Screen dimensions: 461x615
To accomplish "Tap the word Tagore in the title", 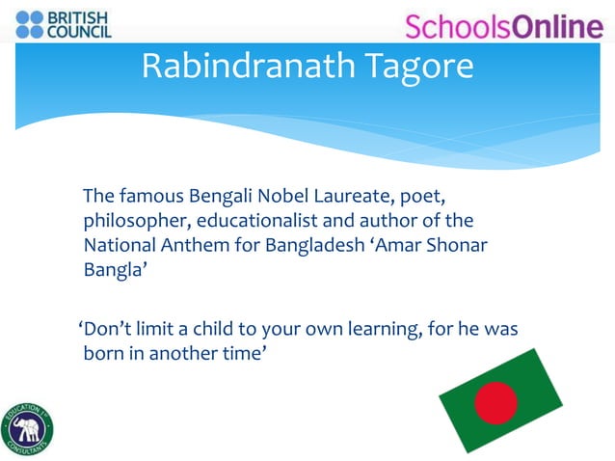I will [x=416, y=66].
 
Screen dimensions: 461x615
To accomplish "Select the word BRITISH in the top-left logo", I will [x=84, y=16].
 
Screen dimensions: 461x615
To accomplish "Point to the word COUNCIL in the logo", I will [x=84, y=32].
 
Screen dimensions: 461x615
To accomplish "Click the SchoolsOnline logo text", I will [x=502, y=26].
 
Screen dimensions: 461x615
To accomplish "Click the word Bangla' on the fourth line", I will [x=115, y=268].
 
